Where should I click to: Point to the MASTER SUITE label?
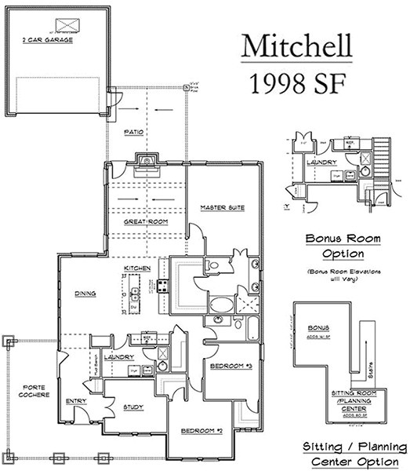tap(223, 208)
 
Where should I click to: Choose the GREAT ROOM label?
tap(142, 223)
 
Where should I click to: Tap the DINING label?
tap(85, 294)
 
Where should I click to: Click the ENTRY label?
tap(76, 401)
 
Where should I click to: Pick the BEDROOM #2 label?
tap(203, 431)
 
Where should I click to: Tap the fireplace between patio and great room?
tap(146, 162)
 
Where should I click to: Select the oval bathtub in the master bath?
tap(220, 305)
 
